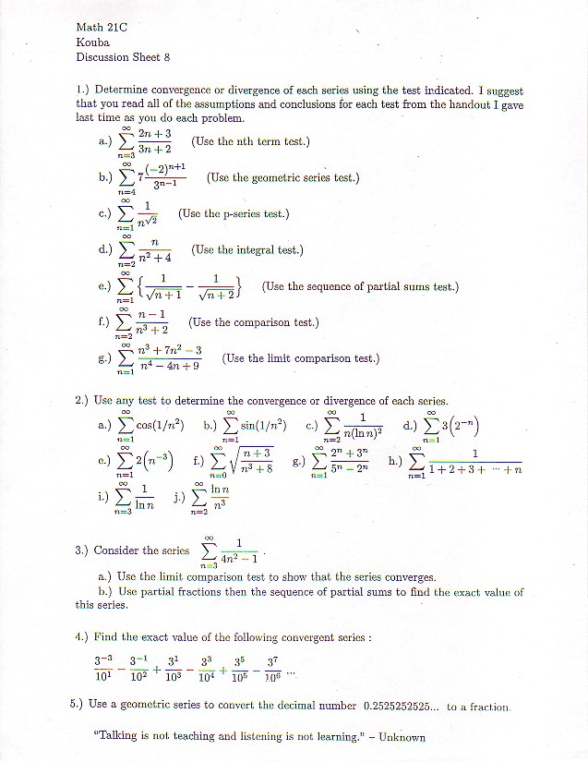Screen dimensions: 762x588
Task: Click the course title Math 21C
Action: coord(101,28)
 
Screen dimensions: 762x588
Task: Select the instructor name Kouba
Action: coord(93,42)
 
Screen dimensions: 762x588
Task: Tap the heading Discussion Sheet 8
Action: coord(123,57)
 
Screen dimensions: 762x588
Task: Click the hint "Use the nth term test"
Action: coord(250,141)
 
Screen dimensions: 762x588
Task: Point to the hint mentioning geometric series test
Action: coord(282,177)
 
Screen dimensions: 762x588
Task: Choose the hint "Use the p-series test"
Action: coord(234,213)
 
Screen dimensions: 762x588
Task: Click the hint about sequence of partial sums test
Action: coord(360,286)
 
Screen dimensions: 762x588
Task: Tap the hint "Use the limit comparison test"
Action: coord(301,358)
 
